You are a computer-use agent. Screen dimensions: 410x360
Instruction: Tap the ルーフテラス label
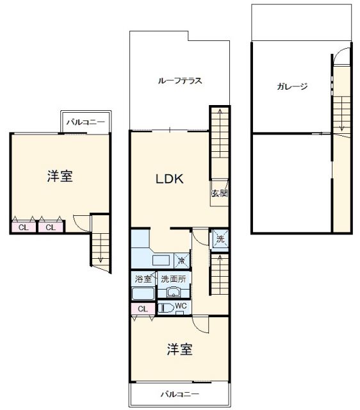[x=181, y=81]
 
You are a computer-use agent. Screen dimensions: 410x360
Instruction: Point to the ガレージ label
[x=293, y=86]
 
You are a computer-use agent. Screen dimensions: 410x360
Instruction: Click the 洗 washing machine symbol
[x=220, y=238]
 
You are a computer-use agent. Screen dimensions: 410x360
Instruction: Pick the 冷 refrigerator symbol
[x=182, y=261]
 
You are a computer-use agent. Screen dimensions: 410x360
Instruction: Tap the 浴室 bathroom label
[x=143, y=279]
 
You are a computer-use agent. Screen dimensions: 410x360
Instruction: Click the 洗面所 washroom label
[x=172, y=279]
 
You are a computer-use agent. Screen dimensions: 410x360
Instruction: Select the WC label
[x=180, y=307]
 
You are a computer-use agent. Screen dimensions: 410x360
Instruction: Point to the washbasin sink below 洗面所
[x=172, y=293]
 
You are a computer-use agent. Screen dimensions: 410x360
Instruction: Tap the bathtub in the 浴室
[x=143, y=294]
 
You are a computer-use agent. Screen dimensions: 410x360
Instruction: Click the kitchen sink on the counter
[x=160, y=259]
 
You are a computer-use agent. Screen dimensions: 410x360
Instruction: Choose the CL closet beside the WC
[x=143, y=309]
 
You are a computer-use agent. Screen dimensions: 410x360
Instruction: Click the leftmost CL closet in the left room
[x=23, y=227]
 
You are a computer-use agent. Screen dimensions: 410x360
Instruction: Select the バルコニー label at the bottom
[x=180, y=394]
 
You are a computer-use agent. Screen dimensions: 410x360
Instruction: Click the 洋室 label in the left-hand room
[x=60, y=176]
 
